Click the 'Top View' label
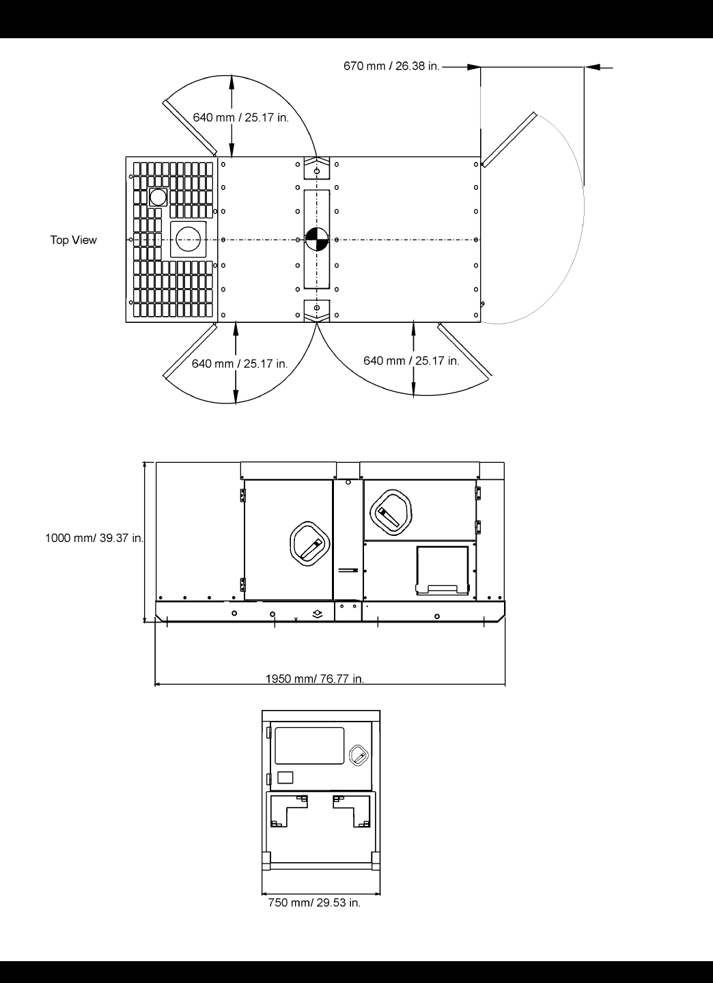[x=74, y=240]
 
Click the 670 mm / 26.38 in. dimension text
[x=391, y=66]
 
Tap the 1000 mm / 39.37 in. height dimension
[x=94, y=538]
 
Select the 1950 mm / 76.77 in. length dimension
[x=315, y=679]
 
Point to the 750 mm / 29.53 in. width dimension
[x=314, y=902]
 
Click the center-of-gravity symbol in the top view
[x=317, y=240]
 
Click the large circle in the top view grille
[x=188, y=239]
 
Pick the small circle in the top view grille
[x=158, y=197]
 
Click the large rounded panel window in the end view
[x=309, y=745]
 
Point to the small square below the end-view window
[x=286, y=777]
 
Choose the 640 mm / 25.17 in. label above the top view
[x=240, y=117]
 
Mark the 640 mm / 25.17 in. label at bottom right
[x=411, y=360]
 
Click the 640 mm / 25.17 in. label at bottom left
[x=239, y=364]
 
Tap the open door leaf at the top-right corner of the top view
[x=507, y=139]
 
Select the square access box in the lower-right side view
[x=443, y=569]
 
